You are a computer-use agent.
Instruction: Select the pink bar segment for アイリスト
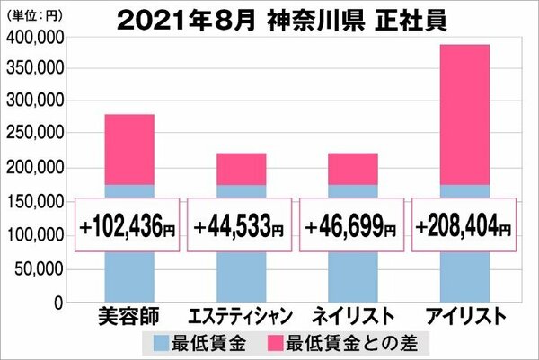[464, 115]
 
